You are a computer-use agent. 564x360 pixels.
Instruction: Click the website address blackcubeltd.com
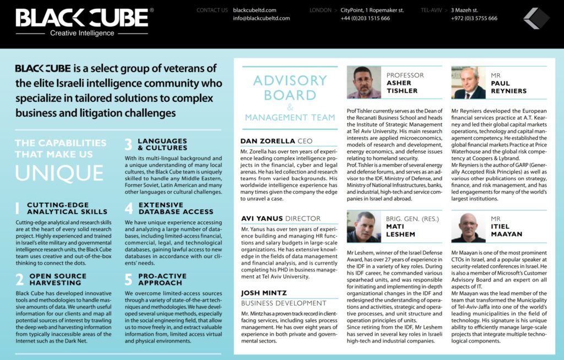[x=254, y=10]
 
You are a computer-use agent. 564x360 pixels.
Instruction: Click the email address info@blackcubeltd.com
[x=261, y=18]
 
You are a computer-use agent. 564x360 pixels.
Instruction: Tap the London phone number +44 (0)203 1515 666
[x=365, y=18]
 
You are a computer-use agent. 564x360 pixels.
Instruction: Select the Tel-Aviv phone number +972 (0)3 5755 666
[x=474, y=18]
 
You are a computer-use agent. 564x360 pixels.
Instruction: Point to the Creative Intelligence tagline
[x=82, y=33]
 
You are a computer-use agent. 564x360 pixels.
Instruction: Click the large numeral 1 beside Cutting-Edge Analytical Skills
[x=18, y=208]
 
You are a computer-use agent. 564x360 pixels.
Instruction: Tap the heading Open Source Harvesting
[x=55, y=279]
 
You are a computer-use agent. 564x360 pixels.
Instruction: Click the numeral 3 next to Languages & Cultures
[x=128, y=145]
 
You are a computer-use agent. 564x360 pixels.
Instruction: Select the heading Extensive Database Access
[x=175, y=208]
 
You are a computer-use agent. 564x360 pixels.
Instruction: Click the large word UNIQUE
[x=59, y=172]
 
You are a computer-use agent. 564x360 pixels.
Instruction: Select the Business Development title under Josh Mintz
[x=284, y=303]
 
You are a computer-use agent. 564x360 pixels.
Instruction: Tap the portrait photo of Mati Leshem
[x=364, y=227]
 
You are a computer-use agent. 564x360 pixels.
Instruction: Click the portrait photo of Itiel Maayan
[x=468, y=227]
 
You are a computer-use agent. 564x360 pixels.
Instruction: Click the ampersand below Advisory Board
[x=290, y=107]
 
